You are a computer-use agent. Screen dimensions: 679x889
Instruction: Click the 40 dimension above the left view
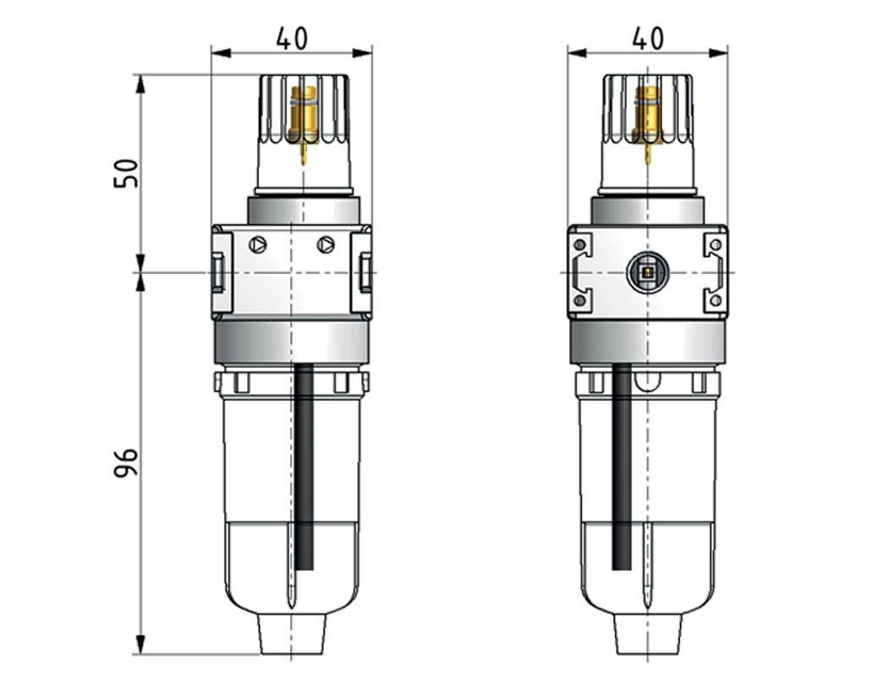pyautogui.click(x=292, y=38)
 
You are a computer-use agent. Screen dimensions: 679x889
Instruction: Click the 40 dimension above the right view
pyautogui.click(x=648, y=38)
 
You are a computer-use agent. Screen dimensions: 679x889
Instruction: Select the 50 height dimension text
pyautogui.click(x=125, y=173)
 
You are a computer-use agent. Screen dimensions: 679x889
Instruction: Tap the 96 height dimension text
pyautogui.click(x=125, y=463)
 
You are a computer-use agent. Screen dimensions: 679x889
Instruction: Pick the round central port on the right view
pyautogui.click(x=647, y=273)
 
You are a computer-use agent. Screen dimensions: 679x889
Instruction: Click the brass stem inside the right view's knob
pyautogui.click(x=650, y=114)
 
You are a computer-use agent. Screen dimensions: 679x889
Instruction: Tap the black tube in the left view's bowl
pyautogui.click(x=305, y=465)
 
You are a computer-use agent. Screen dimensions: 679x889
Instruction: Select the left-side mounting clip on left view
pyautogui.click(x=220, y=272)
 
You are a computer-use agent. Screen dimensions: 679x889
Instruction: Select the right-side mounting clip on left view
pyautogui.click(x=363, y=272)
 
